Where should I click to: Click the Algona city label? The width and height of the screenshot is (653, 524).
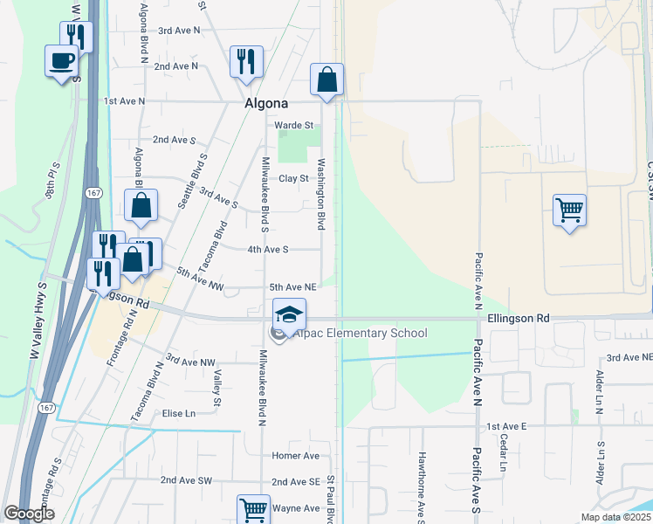265,103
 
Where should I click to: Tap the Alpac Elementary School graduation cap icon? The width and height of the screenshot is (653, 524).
290,314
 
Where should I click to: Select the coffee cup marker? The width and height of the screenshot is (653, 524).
61,61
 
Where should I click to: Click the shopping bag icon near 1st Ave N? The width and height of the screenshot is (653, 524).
326,80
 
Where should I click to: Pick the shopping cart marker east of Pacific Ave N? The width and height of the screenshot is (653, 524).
569,210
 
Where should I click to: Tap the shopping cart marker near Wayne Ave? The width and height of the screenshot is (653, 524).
254,509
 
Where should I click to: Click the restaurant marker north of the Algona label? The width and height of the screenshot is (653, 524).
245,62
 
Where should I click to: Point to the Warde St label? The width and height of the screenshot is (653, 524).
294,125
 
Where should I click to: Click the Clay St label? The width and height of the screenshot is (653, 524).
294,178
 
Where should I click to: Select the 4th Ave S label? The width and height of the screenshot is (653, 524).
267,249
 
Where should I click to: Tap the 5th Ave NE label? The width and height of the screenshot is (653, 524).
292,286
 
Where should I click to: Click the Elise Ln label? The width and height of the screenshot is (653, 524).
183,413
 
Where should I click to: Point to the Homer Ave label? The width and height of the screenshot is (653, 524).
296,456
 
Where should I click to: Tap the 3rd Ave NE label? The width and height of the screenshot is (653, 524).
629,358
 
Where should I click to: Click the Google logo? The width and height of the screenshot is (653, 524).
29,514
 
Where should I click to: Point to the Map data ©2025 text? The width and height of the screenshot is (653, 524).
615,517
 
